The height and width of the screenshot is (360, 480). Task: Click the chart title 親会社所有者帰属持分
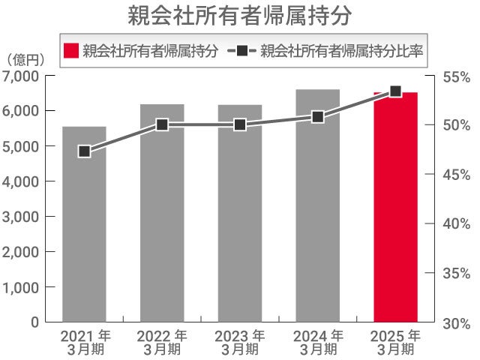pos(239,16)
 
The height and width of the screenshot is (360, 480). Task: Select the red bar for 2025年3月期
pos(395,210)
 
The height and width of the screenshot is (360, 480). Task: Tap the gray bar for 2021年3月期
pos(84,225)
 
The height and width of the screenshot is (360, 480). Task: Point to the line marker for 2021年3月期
pos(85,151)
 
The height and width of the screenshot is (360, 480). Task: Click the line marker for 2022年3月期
pos(162,124)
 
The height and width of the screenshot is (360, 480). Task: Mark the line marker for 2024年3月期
pos(317,116)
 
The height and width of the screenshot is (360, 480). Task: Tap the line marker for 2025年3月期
pos(395,91)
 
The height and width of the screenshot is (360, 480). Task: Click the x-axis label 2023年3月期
pos(240,342)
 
